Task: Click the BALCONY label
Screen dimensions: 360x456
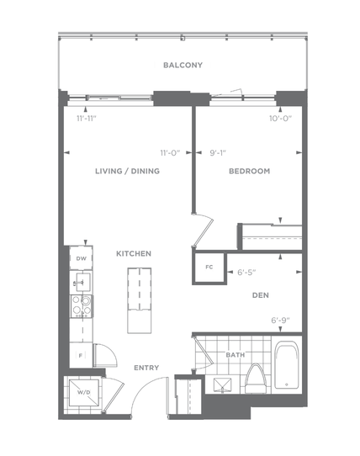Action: click(x=183, y=65)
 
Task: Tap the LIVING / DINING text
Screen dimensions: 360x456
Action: click(x=127, y=171)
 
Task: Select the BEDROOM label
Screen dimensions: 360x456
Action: click(x=250, y=171)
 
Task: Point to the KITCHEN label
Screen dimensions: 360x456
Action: click(x=134, y=253)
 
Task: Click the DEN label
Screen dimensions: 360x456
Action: click(x=261, y=295)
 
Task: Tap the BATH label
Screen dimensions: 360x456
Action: click(x=236, y=355)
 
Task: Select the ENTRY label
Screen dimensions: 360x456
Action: click(x=146, y=368)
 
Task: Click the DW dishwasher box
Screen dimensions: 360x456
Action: click(x=81, y=258)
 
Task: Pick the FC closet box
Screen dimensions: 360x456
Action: click(x=209, y=268)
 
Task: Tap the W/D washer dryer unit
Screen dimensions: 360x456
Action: click(x=84, y=393)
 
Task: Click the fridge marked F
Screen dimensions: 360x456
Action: click(x=81, y=355)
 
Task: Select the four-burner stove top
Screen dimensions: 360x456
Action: click(x=82, y=306)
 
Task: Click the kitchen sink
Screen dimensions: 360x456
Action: click(x=83, y=282)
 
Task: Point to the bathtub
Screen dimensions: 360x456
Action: click(x=287, y=365)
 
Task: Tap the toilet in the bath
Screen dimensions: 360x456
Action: click(x=256, y=379)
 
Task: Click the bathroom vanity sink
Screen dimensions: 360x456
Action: click(x=222, y=385)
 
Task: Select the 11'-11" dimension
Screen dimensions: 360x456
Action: click(x=87, y=119)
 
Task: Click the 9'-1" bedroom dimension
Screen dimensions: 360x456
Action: click(x=218, y=152)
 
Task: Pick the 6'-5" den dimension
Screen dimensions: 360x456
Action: click(x=246, y=273)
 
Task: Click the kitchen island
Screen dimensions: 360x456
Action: click(x=140, y=300)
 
